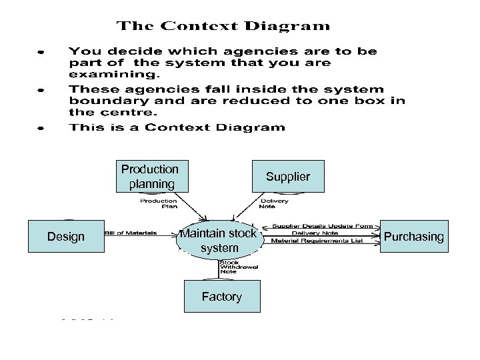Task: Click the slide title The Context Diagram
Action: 223,27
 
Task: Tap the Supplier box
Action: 287,177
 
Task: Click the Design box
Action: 66,237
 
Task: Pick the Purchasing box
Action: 413,237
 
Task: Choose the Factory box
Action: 221,297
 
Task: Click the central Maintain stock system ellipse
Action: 219,241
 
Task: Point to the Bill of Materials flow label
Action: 131,233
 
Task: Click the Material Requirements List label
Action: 317,241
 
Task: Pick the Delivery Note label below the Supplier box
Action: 274,203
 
